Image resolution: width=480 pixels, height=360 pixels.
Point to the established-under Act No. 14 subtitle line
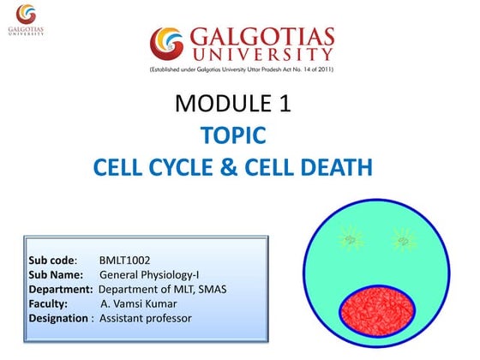[x=241, y=69]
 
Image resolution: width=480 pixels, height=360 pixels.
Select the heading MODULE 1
[x=233, y=105]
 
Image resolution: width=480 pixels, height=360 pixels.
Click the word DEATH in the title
[x=333, y=165]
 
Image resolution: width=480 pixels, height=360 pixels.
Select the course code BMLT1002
[x=127, y=258]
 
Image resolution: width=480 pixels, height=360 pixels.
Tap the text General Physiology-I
[x=149, y=273]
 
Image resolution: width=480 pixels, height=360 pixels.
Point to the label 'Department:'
[x=58, y=289]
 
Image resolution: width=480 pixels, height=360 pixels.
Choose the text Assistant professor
[x=146, y=319]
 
